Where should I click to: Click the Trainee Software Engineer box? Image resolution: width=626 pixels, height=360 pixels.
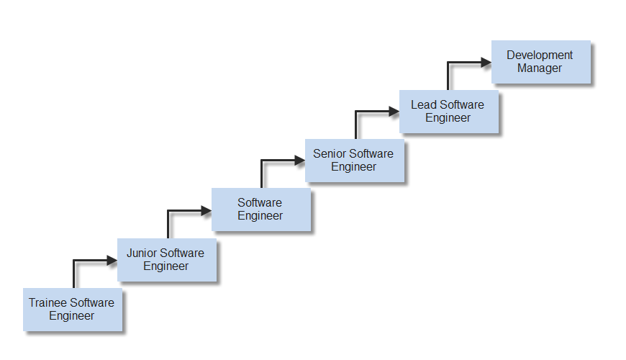pyautogui.click(x=72, y=310)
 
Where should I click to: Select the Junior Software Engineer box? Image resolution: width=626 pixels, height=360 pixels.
pyautogui.click(x=166, y=260)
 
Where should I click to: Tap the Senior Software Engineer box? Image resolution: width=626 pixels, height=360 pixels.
pyautogui.click(x=354, y=160)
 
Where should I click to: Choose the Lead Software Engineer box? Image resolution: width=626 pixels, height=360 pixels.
pyautogui.click(x=448, y=111)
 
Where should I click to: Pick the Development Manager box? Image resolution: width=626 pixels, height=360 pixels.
pyautogui.click(x=540, y=62)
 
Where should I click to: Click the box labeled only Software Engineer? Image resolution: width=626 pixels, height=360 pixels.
pyautogui.click(x=260, y=210)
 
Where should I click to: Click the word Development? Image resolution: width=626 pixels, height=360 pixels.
pyautogui.click(x=540, y=55)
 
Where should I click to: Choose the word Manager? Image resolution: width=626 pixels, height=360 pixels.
pyautogui.click(x=540, y=68)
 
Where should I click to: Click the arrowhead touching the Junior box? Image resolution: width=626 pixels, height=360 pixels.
pyautogui.click(x=112, y=261)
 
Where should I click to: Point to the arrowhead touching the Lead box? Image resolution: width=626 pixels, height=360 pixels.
pyautogui.click(x=394, y=112)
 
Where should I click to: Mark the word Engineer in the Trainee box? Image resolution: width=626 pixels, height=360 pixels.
pyautogui.click(x=72, y=316)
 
